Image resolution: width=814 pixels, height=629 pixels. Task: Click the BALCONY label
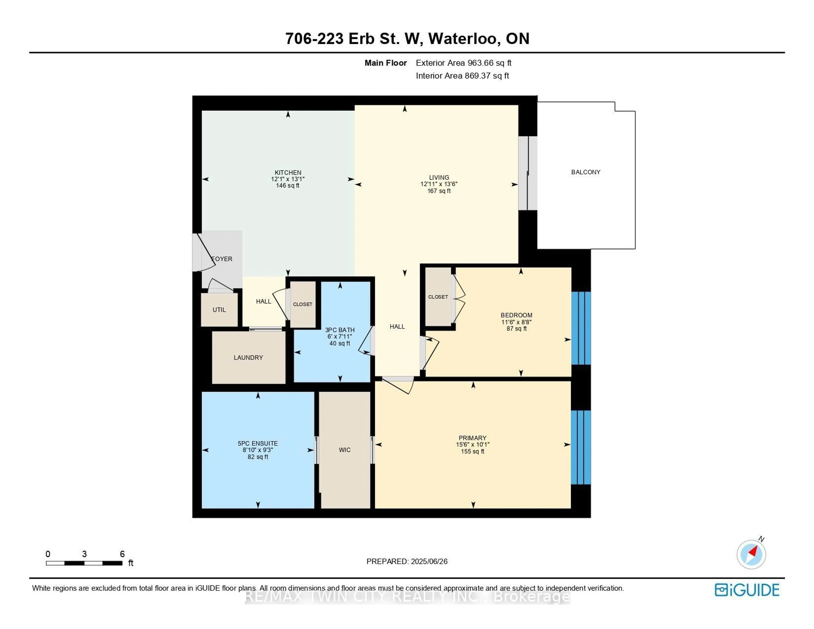click(x=585, y=172)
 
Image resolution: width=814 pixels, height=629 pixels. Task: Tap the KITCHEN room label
click(x=288, y=172)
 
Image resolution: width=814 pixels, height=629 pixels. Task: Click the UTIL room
click(x=219, y=310)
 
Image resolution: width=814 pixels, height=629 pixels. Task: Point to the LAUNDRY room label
click(x=248, y=357)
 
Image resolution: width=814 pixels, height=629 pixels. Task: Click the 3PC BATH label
click(x=340, y=330)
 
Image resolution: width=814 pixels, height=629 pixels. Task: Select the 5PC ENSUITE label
click(x=258, y=443)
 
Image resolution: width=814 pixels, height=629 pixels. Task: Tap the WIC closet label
click(x=344, y=450)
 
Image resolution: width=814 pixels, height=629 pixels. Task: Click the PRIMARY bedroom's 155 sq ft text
click(x=473, y=451)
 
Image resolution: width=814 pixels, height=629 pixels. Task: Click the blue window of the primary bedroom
click(x=581, y=447)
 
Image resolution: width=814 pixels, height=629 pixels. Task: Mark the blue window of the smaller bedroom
click(x=581, y=328)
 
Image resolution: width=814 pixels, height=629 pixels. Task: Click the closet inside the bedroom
click(x=438, y=297)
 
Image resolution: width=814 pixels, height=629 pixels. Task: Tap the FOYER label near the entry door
click(x=222, y=259)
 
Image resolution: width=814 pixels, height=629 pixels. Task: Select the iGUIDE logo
click(x=747, y=590)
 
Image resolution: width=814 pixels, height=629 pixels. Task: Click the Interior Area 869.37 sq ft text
click(x=462, y=76)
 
